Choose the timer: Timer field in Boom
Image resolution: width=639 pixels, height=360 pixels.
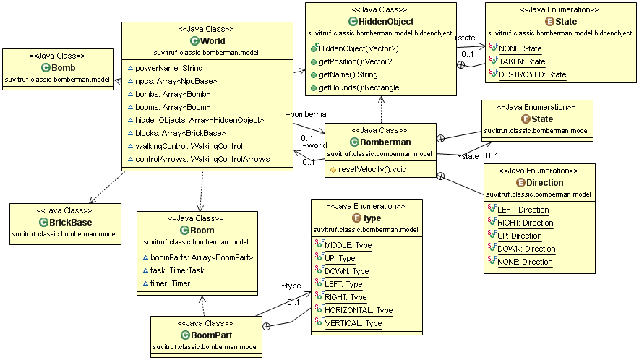coord(171,283)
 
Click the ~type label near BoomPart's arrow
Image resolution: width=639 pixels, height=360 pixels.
coord(291,286)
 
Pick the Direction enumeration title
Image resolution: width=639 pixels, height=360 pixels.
coord(545,183)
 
